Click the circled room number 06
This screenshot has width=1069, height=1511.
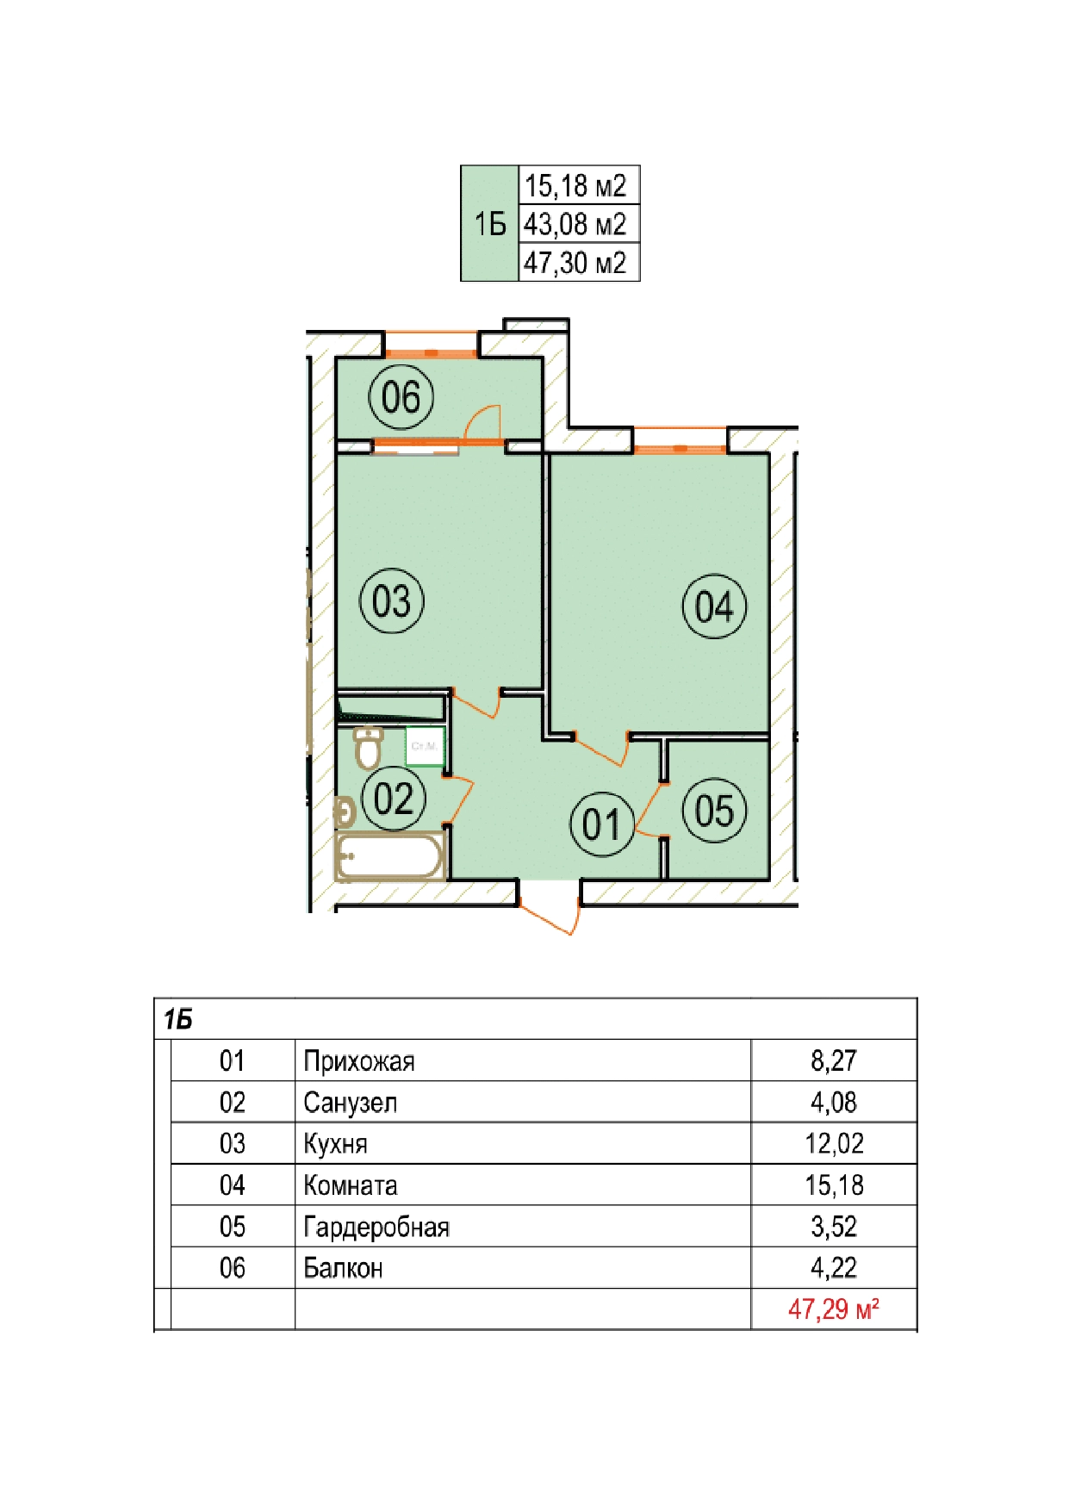401,397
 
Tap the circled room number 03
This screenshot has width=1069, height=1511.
391,600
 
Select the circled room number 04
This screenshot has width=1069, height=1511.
714,606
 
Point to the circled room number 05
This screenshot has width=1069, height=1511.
714,811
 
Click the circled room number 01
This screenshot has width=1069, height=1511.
602,824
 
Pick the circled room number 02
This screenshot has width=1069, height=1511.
394,799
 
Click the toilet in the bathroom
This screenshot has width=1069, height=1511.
368,748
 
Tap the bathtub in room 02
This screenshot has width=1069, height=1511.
389,856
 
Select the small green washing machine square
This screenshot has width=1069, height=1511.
425,746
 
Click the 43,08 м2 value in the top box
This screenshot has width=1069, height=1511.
575,224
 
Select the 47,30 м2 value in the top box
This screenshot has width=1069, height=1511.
575,262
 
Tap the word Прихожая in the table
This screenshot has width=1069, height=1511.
359,1061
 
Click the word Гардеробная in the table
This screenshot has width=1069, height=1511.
376,1227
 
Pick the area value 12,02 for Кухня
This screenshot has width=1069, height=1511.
834,1143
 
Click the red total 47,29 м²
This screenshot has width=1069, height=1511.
834,1309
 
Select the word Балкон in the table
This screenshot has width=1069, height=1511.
343,1268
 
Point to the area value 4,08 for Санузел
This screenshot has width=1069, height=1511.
834,1102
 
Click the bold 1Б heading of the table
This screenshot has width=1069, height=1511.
178,1020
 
